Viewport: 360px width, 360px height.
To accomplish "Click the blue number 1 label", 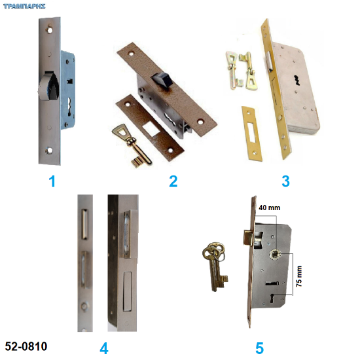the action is point(52,181).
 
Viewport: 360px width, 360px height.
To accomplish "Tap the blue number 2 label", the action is point(173,181).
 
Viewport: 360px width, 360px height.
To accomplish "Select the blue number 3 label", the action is point(285,181).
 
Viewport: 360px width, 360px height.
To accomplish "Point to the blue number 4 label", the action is point(104,348).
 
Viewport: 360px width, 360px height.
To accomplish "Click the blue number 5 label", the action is point(260,348).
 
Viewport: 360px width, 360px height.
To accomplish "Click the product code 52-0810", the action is point(26,346).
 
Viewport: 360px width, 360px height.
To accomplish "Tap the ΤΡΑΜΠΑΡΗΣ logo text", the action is point(24,6).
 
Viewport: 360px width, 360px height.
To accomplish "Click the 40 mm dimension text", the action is point(270,207).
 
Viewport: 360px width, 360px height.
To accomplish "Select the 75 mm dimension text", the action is point(299,276).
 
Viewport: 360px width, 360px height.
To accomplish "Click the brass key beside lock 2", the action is point(131,144).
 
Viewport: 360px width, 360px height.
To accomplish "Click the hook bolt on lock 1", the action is point(48,85).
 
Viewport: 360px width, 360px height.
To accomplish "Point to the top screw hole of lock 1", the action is point(49,29).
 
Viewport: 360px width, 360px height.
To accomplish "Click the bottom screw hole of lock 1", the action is point(49,151).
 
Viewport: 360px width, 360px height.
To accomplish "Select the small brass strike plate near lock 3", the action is point(252,134).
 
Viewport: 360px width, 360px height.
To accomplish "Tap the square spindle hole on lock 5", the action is point(275,254).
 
